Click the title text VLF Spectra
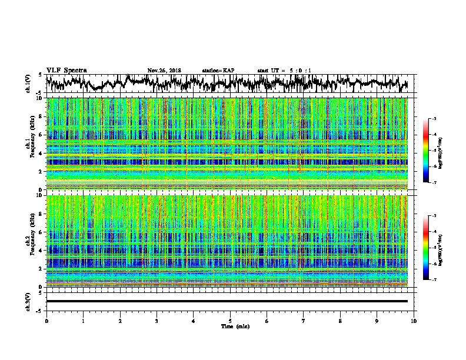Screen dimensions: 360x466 pyautogui.click(x=66, y=70)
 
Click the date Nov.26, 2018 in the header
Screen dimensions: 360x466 pyautogui.click(x=164, y=71)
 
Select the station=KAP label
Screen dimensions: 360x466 pyautogui.click(x=218, y=71)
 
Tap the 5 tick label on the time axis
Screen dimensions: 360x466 pyautogui.click(x=231, y=321)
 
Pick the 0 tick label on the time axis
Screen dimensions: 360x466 pyautogui.click(x=46, y=321)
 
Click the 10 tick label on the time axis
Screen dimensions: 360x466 pyautogui.click(x=414, y=321)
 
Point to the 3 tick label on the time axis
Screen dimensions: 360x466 pyautogui.click(x=157, y=321)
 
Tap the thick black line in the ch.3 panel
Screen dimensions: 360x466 pyautogui.click(x=227, y=301)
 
